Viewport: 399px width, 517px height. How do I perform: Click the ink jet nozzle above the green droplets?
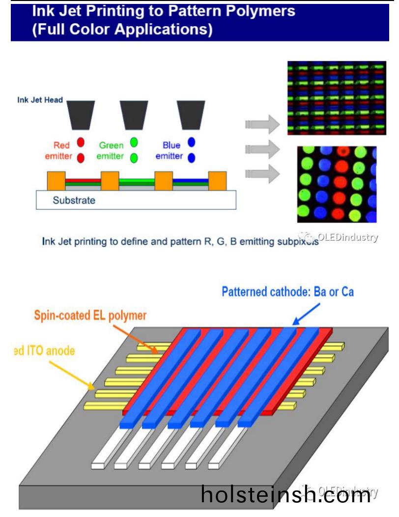(x=134, y=114)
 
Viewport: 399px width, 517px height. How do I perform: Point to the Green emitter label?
(x=112, y=151)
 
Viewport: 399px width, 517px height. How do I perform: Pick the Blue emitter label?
(x=169, y=151)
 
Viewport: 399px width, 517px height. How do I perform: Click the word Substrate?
(x=74, y=200)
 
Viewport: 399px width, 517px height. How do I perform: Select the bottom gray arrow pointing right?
(x=263, y=172)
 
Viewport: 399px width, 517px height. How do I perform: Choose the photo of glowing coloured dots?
(x=337, y=184)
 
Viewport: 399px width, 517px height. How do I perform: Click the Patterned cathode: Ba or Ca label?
(x=287, y=292)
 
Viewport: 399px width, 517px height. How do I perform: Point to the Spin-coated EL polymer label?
(x=90, y=315)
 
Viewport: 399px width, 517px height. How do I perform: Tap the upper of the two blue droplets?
(x=192, y=143)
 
